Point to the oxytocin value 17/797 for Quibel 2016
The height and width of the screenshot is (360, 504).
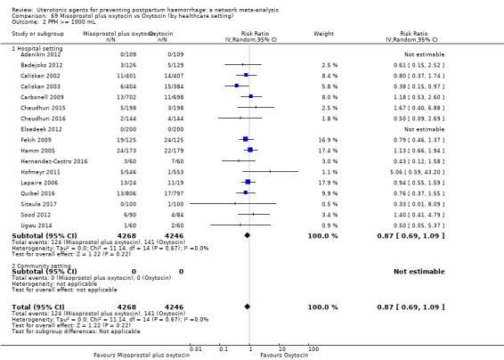pos(162,193)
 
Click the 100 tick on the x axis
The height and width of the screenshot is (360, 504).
pos(313,348)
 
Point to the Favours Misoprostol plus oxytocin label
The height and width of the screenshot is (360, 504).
pos(142,355)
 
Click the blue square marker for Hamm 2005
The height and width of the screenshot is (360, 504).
pos(250,150)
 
